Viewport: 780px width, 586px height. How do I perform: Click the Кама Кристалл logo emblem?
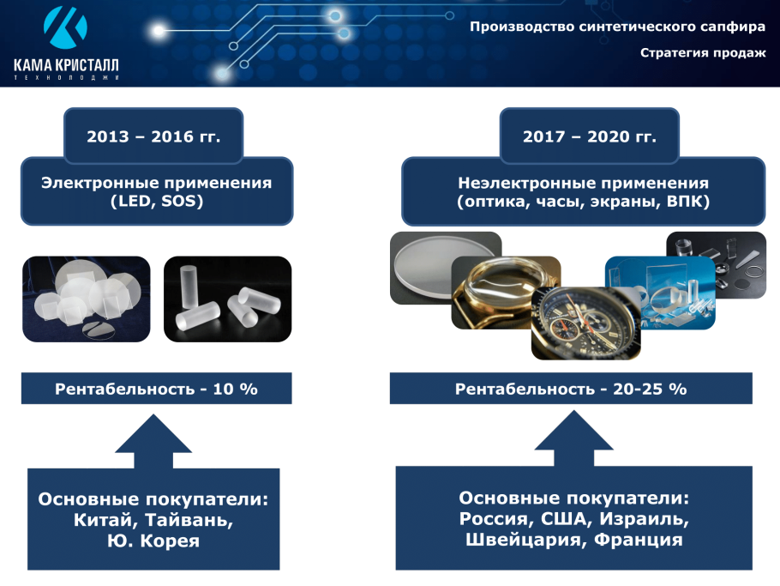65,28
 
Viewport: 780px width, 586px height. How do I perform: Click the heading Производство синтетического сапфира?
617,27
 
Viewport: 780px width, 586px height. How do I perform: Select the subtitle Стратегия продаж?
702,53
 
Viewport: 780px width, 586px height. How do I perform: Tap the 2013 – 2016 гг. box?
154,136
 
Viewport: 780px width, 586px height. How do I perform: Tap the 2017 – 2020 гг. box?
589,136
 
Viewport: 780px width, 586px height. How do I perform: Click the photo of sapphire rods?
228,299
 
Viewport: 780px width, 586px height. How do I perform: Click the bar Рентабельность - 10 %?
156,389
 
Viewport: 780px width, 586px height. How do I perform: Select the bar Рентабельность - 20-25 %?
571,389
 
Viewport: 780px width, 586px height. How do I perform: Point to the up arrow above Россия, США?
573,442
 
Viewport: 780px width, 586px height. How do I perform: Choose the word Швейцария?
515,540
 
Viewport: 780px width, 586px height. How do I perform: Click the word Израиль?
644,519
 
